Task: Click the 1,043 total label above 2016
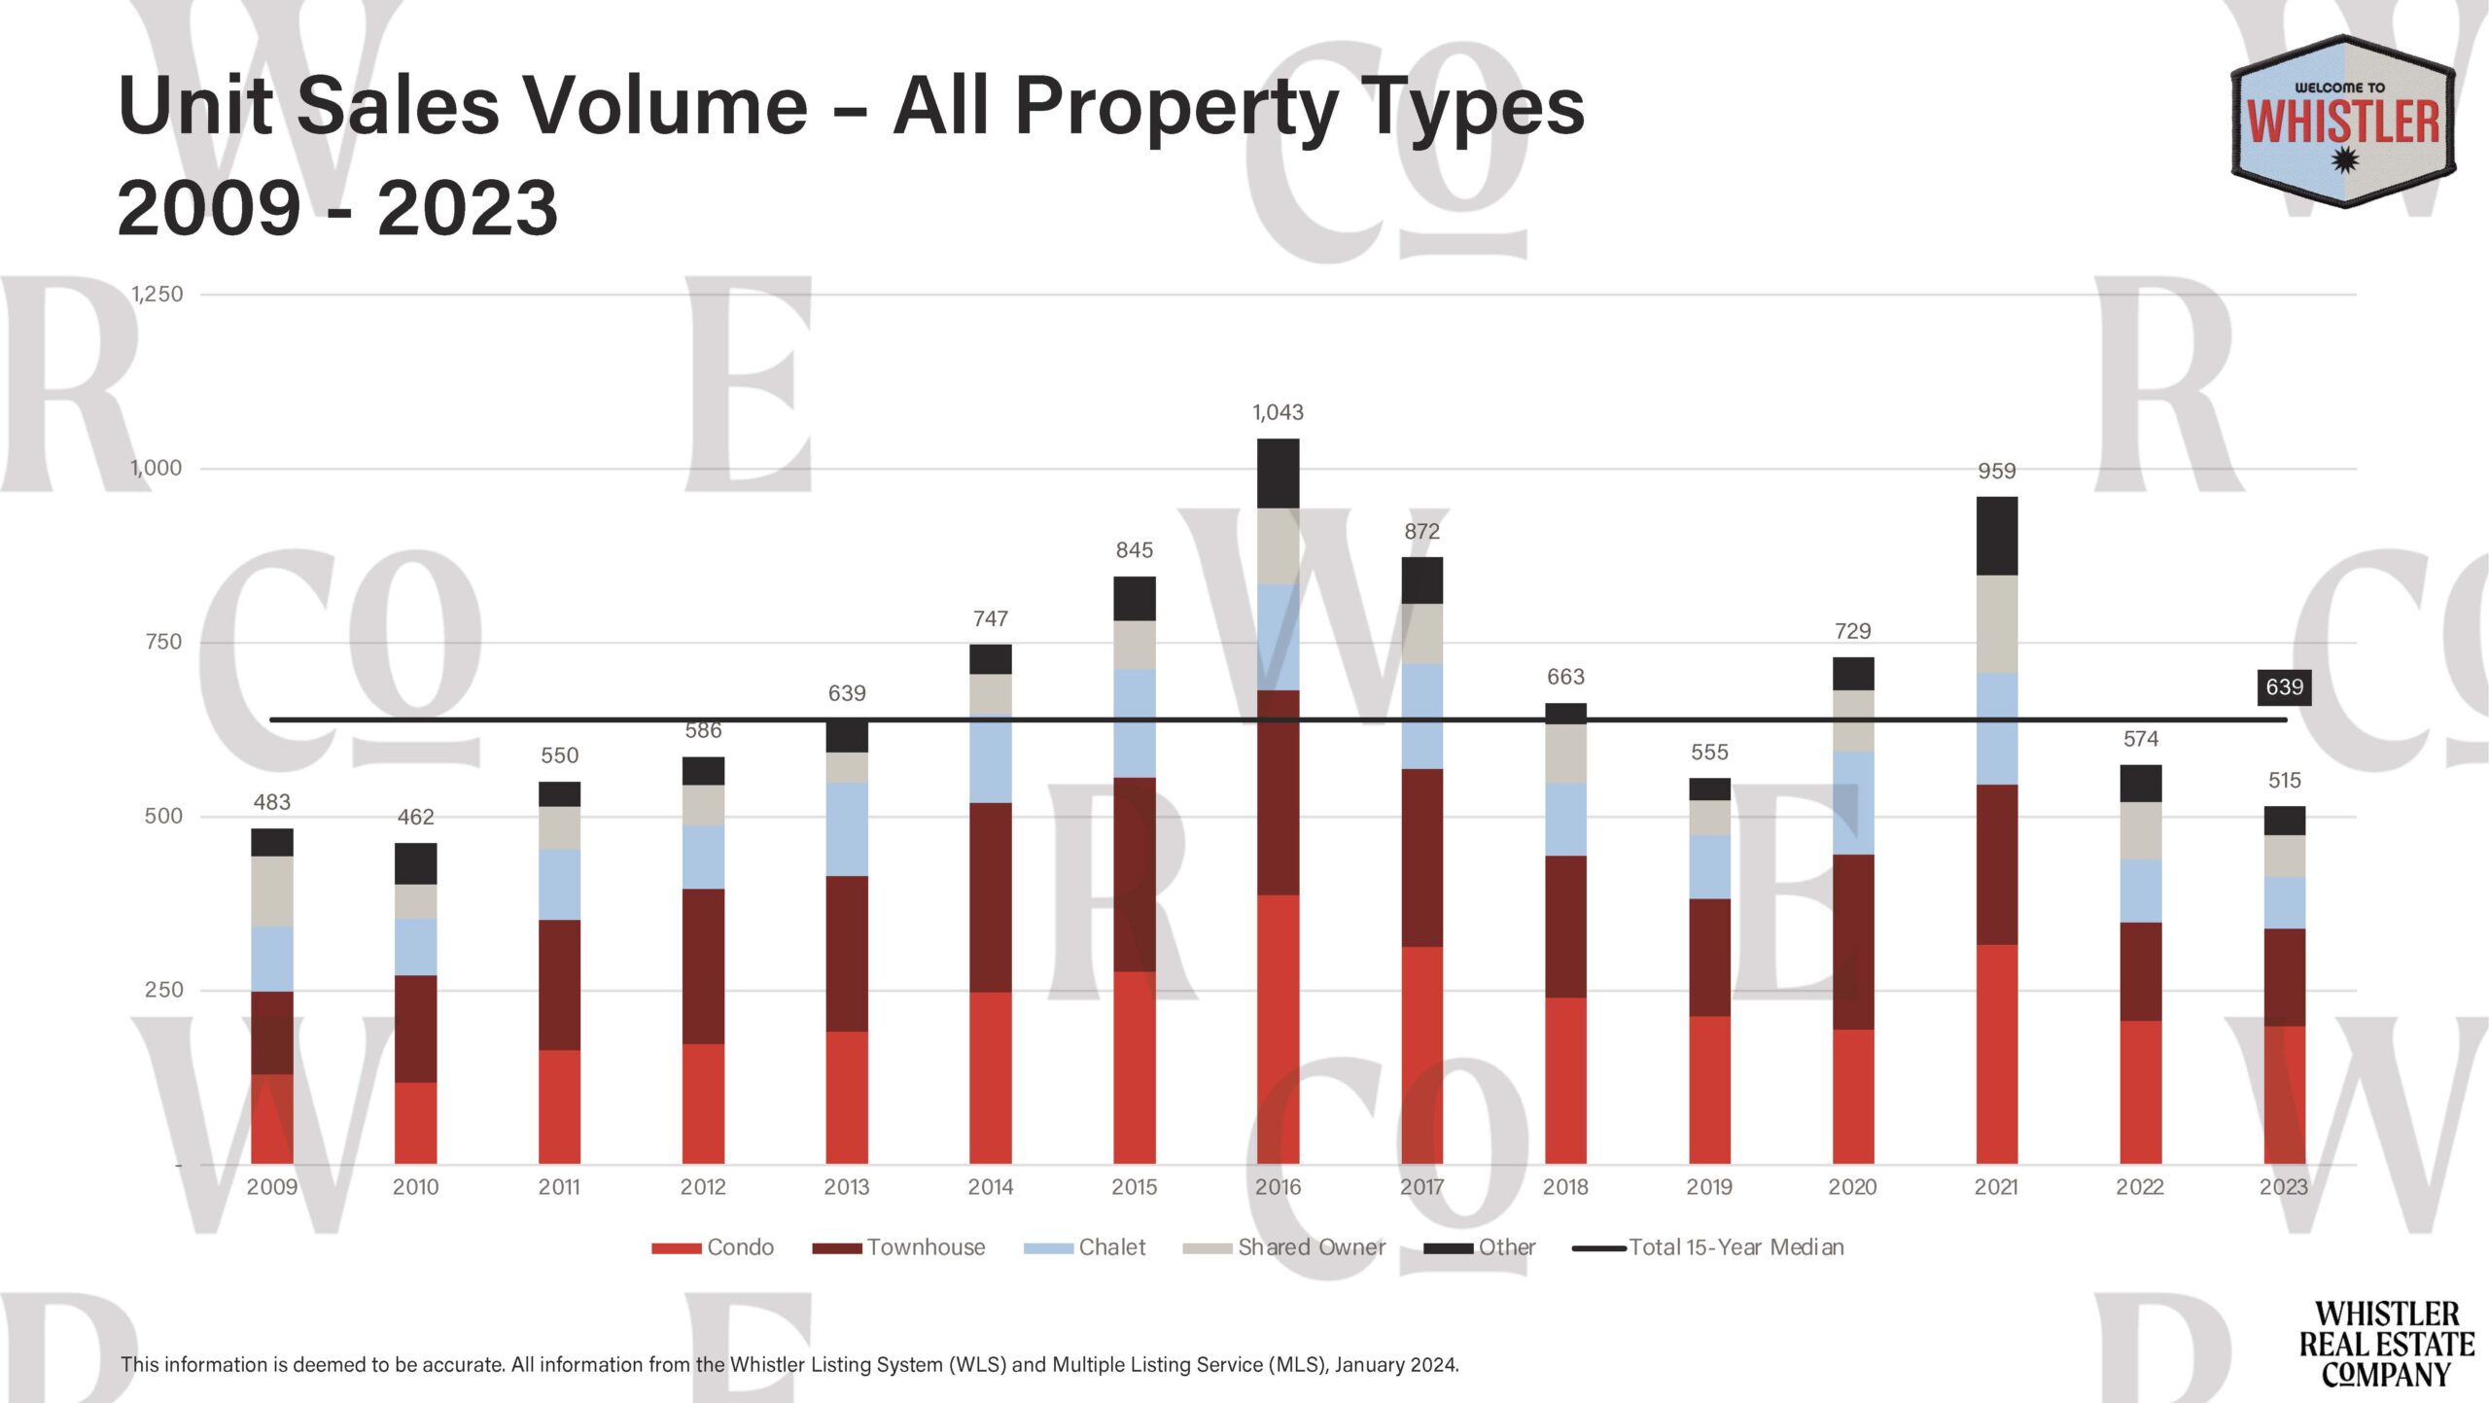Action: pyautogui.click(x=1278, y=412)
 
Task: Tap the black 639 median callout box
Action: pyautogui.click(x=2284, y=687)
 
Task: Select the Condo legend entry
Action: pyautogui.click(x=714, y=1247)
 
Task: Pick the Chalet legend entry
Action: pyautogui.click(x=1085, y=1247)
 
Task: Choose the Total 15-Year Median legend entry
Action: pyautogui.click(x=1708, y=1247)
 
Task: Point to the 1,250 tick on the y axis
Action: pyautogui.click(x=157, y=294)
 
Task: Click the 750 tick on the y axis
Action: pyautogui.click(x=163, y=642)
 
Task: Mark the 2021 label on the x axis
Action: pyautogui.click(x=1996, y=1187)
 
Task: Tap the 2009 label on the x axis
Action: pyautogui.click(x=272, y=1187)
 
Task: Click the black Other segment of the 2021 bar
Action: pyautogui.click(x=1997, y=536)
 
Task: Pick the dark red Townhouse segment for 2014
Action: pyautogui.click(x=990, y=896)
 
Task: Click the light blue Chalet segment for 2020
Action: pyautogui.click(x=1853, y=803)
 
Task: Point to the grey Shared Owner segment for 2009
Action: pyautogui.click(x=272, y=891)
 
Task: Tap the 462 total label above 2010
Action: pyautogui.click(x=415, y=817)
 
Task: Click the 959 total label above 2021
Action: pyautogui.click(x=1997, y=472)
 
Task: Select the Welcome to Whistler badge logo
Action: pyautogui.click(x=2342, y=122)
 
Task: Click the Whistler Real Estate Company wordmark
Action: pyautogui.click(x=2387, y=1345)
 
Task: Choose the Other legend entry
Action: pyautogui.click(x=1480, y=1247)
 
